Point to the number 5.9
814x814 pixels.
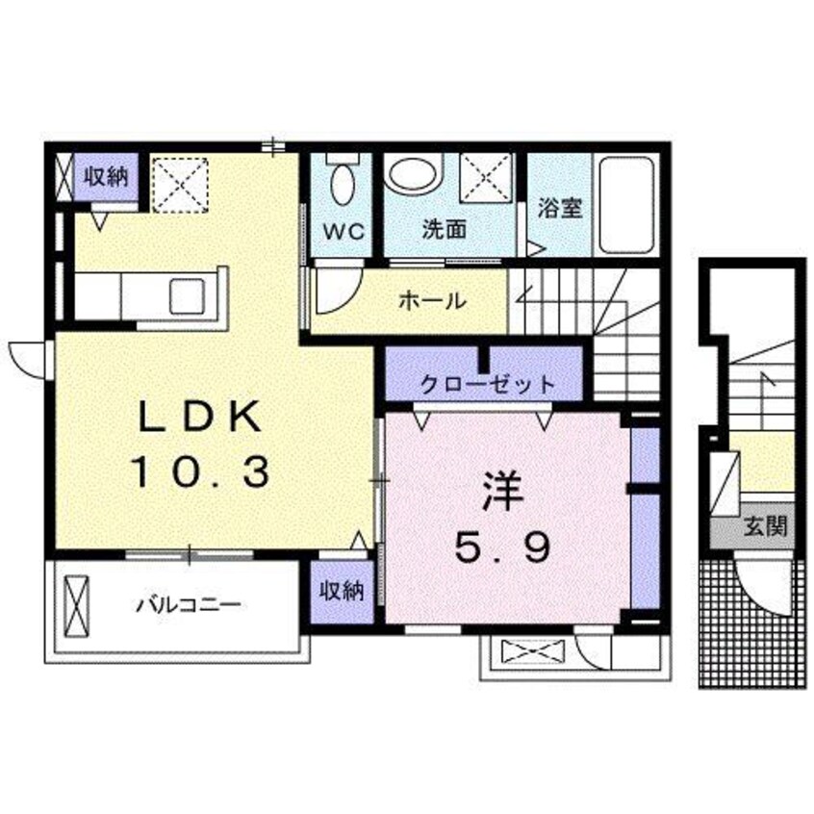click(502, 548)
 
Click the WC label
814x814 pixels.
click(341, 231)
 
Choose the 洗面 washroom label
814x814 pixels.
click(444, 230)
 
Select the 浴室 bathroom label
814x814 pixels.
click(559, 208)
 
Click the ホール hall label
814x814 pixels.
click(433, 300)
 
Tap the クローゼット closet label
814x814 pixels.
click(488, 385)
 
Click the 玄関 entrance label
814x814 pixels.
click(766, 527)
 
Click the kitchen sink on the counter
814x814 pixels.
click(189, 295)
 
